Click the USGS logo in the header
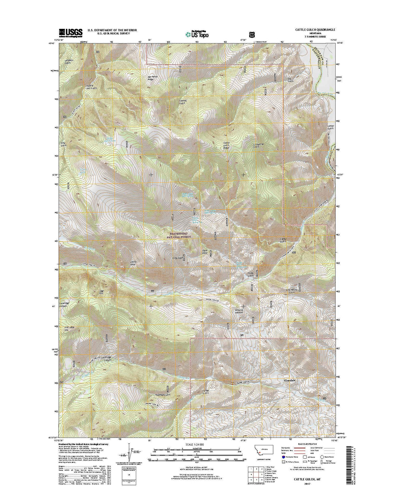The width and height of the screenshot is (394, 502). [x=71, y=32]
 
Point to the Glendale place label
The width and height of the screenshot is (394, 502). [x=290, y=380]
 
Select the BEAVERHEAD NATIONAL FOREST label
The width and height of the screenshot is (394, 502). [x=179, y=236]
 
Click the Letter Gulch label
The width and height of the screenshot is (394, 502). [x=330, y=128]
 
